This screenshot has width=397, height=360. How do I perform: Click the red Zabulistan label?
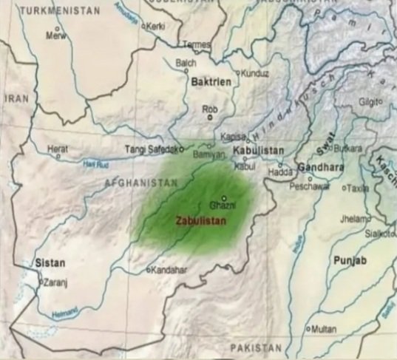click(x=201, y=220)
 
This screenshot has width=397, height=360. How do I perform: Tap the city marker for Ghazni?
click(x=223, y=197)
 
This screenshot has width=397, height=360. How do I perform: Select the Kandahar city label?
click(x=169, y=270)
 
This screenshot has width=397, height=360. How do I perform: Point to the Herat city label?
click(x=58, y=148)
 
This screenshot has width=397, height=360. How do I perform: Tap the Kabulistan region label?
click(x=258, y=150)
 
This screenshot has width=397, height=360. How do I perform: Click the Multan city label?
click(x=321, y=328)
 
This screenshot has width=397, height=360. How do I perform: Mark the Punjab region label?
click(x=350, y=260)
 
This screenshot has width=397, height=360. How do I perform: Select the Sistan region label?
click(x=50, y=262)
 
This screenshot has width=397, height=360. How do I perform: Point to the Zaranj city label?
click(x=55, y=282)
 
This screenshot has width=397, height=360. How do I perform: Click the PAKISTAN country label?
click(x=255, y=347)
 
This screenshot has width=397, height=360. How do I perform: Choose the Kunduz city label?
click(x=256, y=74)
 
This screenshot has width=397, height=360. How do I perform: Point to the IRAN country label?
click(x=16, y=98)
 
